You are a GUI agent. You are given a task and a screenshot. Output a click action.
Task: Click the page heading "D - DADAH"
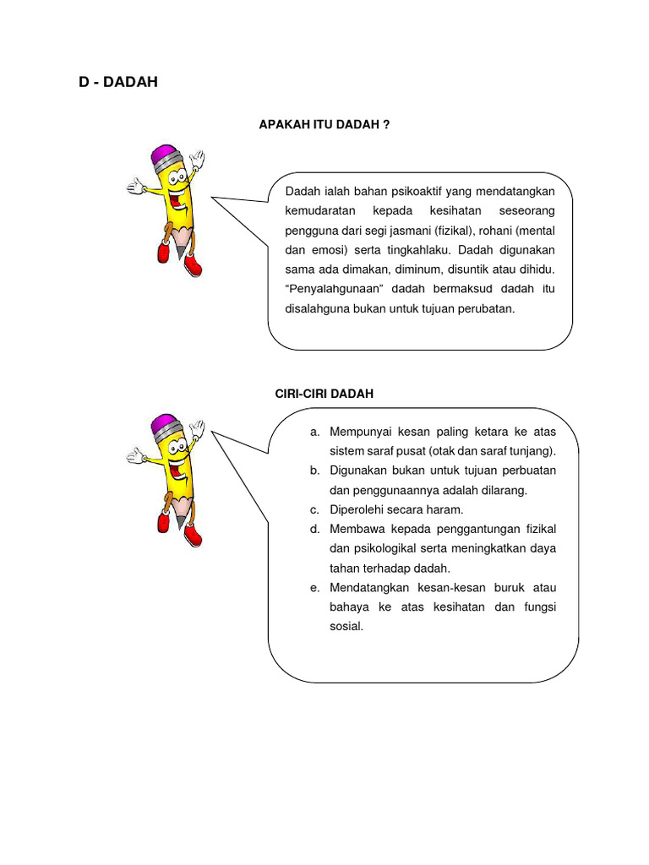click(117, 82)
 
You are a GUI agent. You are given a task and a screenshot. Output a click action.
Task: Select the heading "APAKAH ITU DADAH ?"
click(324, 125)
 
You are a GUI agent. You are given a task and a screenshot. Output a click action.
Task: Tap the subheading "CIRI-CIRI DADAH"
click(324, 394)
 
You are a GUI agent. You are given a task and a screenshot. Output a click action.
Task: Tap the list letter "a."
click(314, 432)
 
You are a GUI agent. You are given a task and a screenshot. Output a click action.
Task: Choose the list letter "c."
click(314, 509)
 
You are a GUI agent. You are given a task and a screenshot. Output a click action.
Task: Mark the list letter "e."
click(314, 587)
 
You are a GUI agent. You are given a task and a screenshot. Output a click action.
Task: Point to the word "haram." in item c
click(447, 509)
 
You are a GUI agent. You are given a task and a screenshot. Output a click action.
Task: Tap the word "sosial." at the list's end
click(346, 626)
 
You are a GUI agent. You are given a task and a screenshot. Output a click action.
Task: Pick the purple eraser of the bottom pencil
click(166, 424)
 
